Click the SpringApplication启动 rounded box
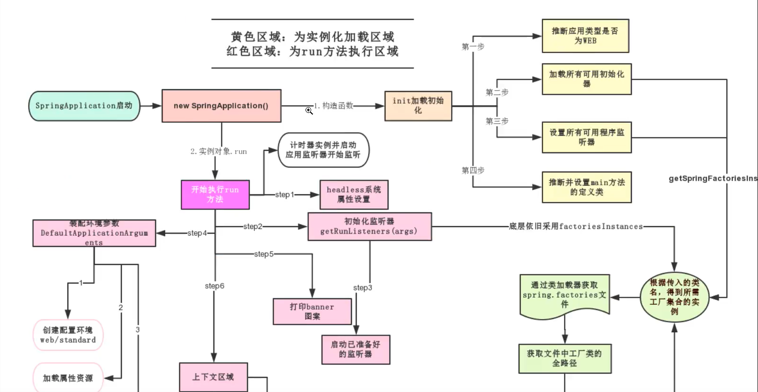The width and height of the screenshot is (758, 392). click(84, 106)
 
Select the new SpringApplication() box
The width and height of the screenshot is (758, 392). click(221, 106)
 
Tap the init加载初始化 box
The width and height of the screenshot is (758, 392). click(418, 106)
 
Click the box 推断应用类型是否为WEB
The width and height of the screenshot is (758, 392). click(585, 36)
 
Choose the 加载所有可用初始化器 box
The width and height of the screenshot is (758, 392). click(586, 79)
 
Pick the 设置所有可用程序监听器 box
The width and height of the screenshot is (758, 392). click(586, 137)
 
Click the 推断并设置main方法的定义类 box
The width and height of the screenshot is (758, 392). click(586, 187)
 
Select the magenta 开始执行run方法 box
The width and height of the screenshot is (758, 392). click(215, 194)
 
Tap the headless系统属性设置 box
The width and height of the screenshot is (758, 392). click(354, 194)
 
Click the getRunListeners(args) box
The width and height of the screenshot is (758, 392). click(369, 227)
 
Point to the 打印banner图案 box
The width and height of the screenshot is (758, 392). click(312, 311)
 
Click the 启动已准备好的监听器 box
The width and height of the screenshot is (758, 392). click(355, 349)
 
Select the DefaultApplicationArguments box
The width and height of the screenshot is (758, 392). click(94, 233)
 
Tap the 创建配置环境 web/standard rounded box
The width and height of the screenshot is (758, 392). click(68, 335)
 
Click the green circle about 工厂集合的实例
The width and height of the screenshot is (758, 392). click(674, 297)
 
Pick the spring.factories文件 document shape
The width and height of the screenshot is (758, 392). click(564, 295)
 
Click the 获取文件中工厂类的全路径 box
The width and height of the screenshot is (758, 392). click(564, 358)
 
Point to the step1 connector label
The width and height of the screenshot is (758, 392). click(285, 195)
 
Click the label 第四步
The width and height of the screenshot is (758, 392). click(473, 170)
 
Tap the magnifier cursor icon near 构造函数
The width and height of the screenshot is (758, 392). click(309, 110)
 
